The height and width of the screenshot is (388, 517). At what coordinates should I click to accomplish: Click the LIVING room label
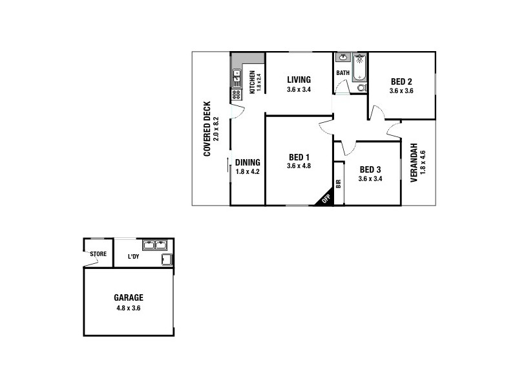(299, 80)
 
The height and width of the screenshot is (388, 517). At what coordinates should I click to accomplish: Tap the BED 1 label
(299, 157)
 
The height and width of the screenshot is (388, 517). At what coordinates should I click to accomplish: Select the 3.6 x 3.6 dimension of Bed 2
(401, 91)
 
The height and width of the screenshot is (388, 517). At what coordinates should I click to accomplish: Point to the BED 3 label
(370, 169)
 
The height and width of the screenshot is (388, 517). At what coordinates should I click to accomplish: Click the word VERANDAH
(414, 163)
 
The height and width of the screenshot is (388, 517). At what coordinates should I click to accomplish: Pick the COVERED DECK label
(207, 129)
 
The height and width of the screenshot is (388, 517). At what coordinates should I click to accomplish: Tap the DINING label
(248, 162)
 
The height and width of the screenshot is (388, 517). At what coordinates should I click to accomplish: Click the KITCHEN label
(253, 81)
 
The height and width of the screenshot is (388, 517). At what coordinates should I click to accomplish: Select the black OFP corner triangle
(325, 199)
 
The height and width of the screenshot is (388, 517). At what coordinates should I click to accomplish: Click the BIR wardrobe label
(338, 182)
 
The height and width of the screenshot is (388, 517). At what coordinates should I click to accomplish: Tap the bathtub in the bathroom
(360, 67)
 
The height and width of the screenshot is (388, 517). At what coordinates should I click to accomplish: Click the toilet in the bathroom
(361, 88)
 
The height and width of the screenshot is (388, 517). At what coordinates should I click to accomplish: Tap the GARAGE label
(129, 298)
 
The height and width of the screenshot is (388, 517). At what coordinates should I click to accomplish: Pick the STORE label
(98, 254)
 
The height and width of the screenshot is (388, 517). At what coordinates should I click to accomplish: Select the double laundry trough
(155, 245)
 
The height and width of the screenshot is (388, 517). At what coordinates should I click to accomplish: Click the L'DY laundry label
(134, 257)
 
